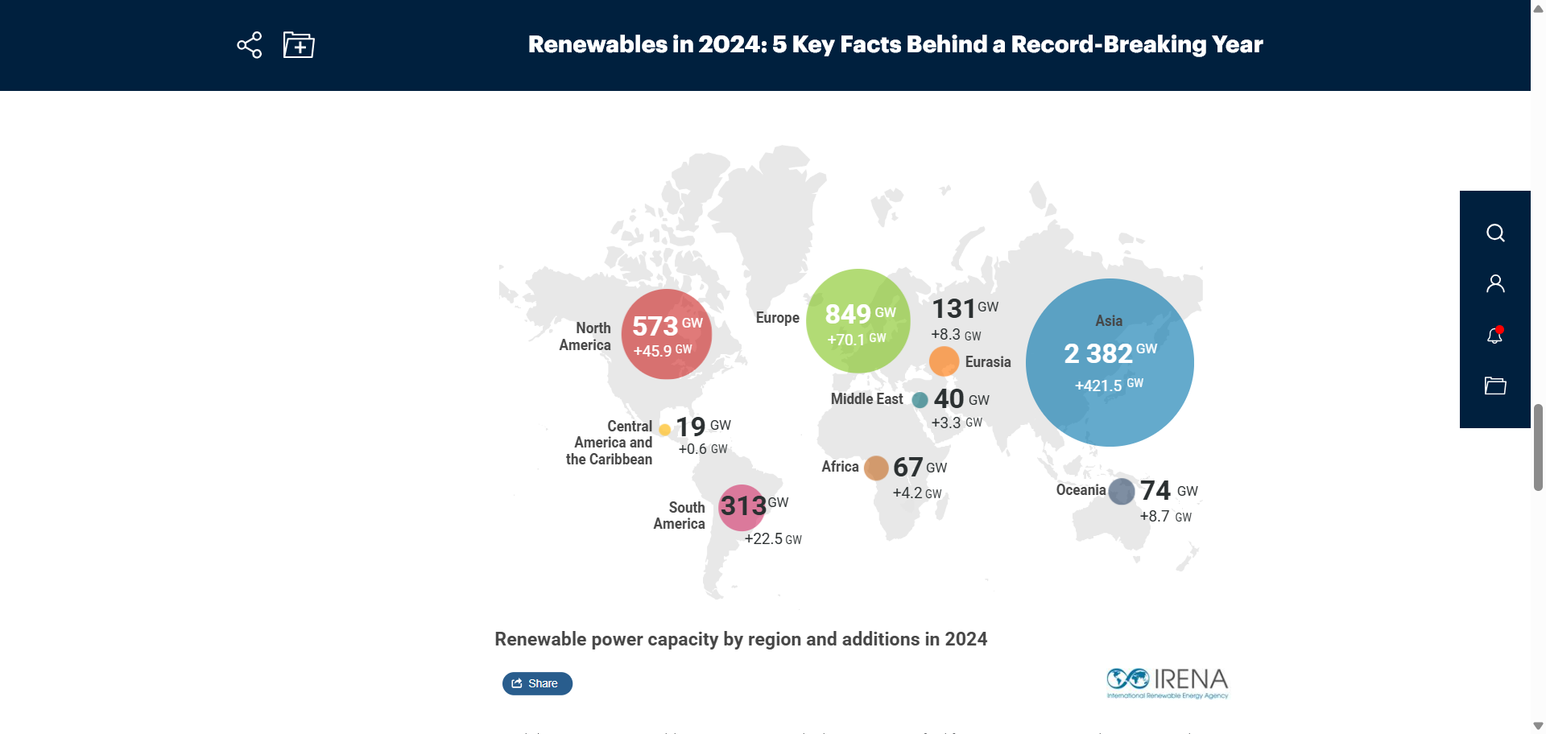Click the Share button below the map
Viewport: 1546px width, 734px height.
(x=537, y=683)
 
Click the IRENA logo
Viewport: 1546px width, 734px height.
(x=1167, y=682)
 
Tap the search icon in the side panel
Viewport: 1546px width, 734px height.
(x=1495, y=233)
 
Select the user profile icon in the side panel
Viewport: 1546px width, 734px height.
(x=1495, y=283)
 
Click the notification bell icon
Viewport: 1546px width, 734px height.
(x=1494, y=335)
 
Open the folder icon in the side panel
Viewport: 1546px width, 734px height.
(x=1495, y=386)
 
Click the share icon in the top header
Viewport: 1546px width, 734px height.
(x=250, y=45)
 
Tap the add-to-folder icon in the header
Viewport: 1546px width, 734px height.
(x=299, y=45)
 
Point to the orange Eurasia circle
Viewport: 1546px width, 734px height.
(x=944, y=361)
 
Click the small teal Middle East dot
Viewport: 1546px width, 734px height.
(x=920, y=400)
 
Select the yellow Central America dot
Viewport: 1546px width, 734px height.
(x=665, y=430)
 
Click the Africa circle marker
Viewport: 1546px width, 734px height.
(x=876, y=468)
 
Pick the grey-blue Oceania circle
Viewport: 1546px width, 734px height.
(x=1122, y=491)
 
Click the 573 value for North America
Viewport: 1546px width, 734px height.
(x=655, y=326)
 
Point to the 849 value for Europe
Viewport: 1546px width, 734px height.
(x=848, y=314)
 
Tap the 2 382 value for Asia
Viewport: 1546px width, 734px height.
(x=1098, y=353)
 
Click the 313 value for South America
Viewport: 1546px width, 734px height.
(x=743, y=505)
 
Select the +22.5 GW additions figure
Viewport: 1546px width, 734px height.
(x=772, y=539)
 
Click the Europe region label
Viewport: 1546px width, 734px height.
(x=777, y=318)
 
